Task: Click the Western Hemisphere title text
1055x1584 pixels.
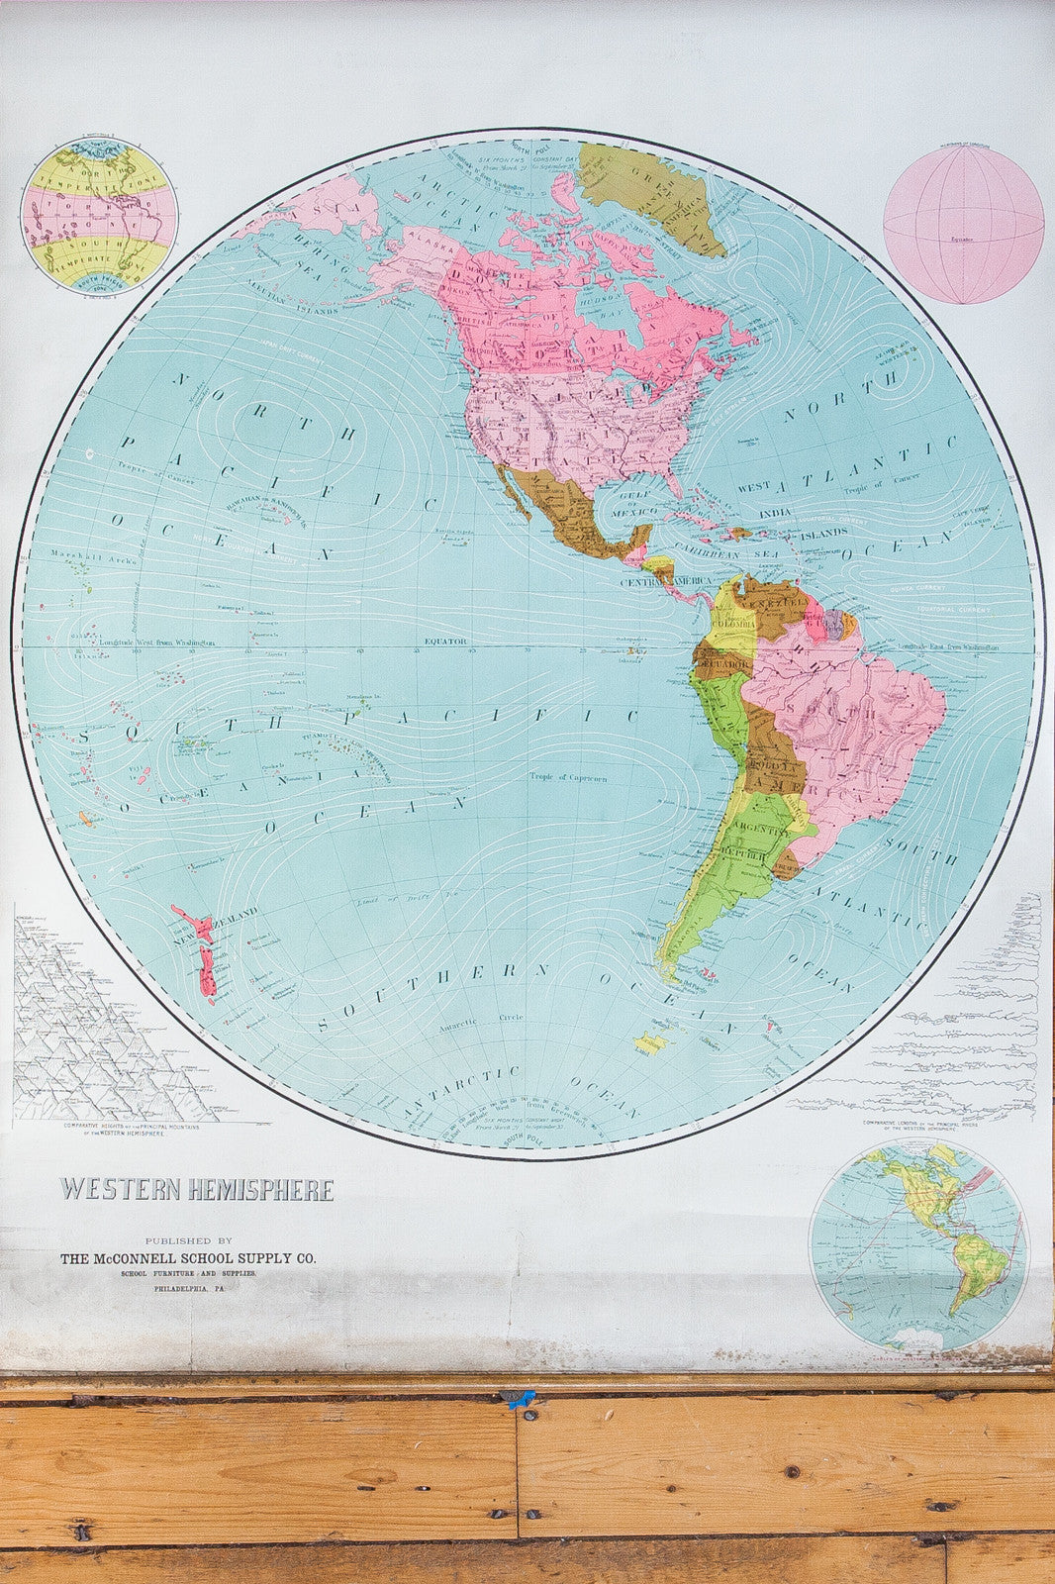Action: [x=198, y=1189]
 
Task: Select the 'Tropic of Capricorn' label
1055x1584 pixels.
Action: [x=567, y=777]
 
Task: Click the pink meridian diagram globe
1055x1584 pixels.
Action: [x=963, y=225]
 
